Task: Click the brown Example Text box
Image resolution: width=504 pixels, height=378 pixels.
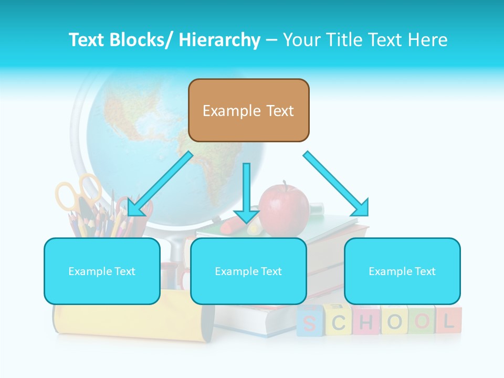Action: point(248,110)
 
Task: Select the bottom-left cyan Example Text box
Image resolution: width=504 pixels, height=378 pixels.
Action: point(102,271)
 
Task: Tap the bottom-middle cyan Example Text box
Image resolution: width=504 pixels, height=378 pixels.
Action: point(248,271)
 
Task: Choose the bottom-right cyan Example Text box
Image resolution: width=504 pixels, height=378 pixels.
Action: point(402,271)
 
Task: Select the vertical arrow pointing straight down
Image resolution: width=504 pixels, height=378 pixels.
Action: point(246,194)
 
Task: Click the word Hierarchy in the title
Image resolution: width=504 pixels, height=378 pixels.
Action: point(219,39)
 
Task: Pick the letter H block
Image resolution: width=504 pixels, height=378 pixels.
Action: point(366,321)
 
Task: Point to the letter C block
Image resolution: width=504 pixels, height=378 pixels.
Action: point(339,321)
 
